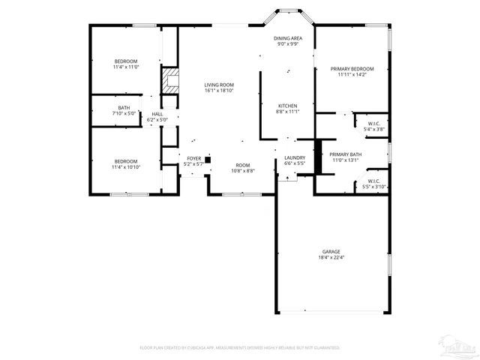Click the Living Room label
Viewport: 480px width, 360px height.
click(x=219, y=85)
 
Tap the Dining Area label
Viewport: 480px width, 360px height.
click(x=288, y=38)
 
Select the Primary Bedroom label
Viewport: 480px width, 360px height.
click(x=352, y=69)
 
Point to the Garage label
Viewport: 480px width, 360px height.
click(x=331, y=252)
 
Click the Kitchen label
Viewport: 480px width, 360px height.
click(x=288, y=106)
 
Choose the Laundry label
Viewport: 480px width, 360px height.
click(x=294, y=157)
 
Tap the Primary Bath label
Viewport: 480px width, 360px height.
click(x=346, y=154)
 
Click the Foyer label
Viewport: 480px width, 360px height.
click(x=193, y=158)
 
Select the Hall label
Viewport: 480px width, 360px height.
click(x=157, y=114)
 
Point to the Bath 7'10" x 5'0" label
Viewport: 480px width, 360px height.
click(x=124, y=108)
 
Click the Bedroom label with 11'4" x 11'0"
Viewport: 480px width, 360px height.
click(x=126, y=61)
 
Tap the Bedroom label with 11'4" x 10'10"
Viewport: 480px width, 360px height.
click(x=126, y=161)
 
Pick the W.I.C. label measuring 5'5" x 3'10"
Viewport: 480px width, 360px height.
click(x=373, y=181)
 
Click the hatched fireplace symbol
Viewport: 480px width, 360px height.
click(x=172, y=81)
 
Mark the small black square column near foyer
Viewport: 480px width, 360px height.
click(x=208, y=159)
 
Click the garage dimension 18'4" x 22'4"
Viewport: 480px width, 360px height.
click(x=331, y=258)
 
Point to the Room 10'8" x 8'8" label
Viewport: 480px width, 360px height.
click(x=243, y=165)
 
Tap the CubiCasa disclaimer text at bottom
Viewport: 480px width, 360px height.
click(x=240, y=348)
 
